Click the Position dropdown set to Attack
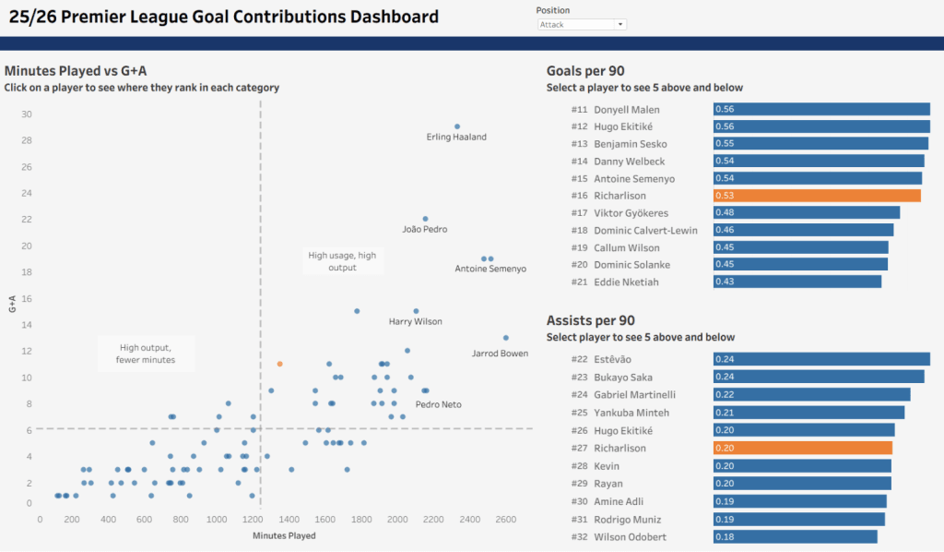pyautogui.click(x=582, y=25)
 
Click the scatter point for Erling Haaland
pyautogui.click(x=457, y=126)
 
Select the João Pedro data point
pyautogui.click(x=425, y=219)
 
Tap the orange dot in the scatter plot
pyautogui.click(x=279, y=364)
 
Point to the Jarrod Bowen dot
pyautogui.click(x=506, y=338)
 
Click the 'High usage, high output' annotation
pyautogui.click(x=342, y=261)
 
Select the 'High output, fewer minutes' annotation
pyautogui.click(x=146, y=354)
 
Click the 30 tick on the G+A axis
pyautogui.click(x=27, y=114)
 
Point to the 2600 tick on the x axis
pyautogui.click(x=506, y=520)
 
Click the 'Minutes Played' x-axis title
pyautogui.click(x=284, y=535)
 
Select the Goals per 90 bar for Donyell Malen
pyautogui.click(x=821, y=109)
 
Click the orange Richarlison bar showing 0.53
pyautogui.click(x=817, y=196)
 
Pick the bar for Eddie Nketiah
pyautogui.click(x=797, y=282)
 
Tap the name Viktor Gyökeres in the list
pyautogui.click(x=631, y=213)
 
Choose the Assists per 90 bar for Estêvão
pyautogui.click(x=821, y=359)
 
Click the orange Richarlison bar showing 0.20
pyautogui.click(x=802, y=448)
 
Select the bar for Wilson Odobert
pyautogui.click(x=789, y=537)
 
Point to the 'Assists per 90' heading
pyautogui.click(x=591, y=320)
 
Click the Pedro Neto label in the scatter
pyautogui.click(x=438, y=404)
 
